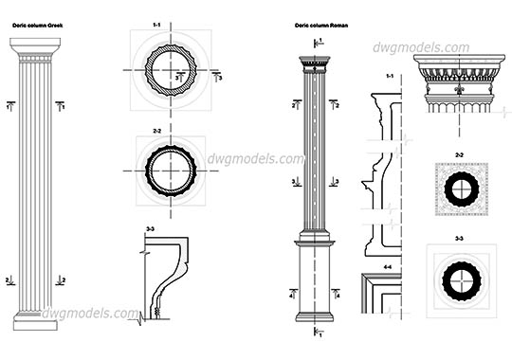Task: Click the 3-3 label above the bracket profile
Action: click(151, 229)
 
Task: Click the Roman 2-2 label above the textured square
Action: click(459, 153)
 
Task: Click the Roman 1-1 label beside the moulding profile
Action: click(389, 76)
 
